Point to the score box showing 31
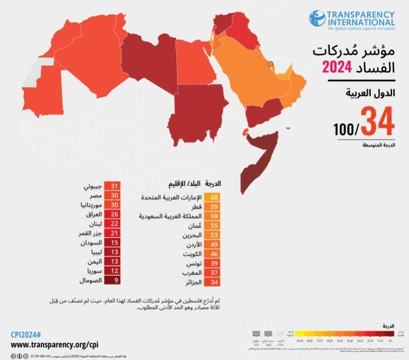(x=113, y=186)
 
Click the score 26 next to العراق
(x=113, y=214)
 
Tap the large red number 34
(x=377, y=121)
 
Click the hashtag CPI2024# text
(x=24, y=334)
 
